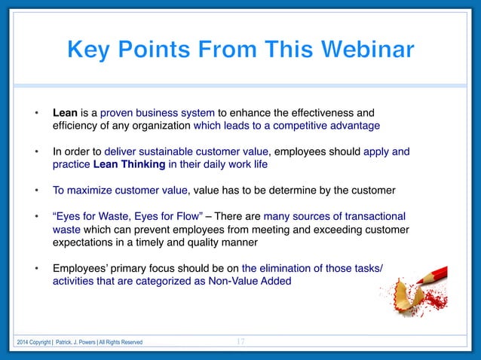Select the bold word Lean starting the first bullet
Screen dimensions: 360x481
point(66,113)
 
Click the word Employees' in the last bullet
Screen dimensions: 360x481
point(81,267)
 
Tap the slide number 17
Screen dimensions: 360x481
point(240,342)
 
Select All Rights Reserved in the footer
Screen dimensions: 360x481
point(119,343)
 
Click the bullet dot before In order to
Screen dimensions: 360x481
point(36,152)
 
